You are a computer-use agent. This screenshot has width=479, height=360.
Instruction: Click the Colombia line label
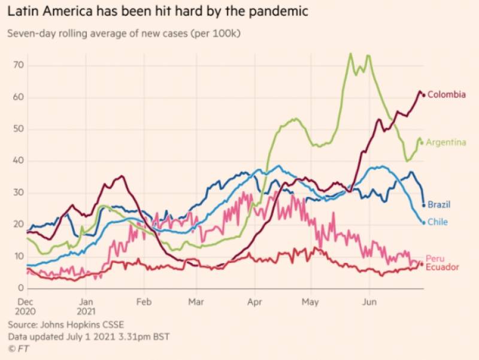[447, 95]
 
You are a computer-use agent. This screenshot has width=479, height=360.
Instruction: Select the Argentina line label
[446, 143]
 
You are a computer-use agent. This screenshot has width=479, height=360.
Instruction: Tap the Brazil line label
[439, 205]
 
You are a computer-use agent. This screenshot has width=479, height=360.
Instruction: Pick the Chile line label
[437, 222]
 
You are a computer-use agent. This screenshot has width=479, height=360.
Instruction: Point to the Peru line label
[435, 258]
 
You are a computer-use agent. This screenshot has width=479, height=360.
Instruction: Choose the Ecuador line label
[442, 267]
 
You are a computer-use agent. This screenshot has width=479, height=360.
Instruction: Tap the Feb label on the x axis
[143, 302]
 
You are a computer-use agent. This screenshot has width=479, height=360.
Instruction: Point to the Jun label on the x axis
[370, 302]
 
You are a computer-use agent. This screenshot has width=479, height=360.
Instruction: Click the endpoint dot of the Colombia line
[424, 95]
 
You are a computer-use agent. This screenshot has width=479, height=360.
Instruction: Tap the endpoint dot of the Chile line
[424, 223]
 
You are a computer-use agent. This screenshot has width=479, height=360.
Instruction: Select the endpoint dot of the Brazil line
[424, 205]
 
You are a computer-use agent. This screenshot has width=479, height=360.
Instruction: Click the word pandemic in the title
[277, 11]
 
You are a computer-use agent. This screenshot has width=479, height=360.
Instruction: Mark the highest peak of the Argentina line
[350, 54]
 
